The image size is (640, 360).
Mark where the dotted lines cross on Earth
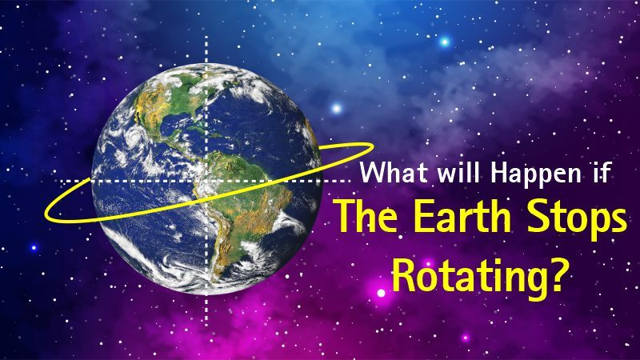pos(207,182)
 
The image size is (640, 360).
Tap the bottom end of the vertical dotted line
pos(207,316)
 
